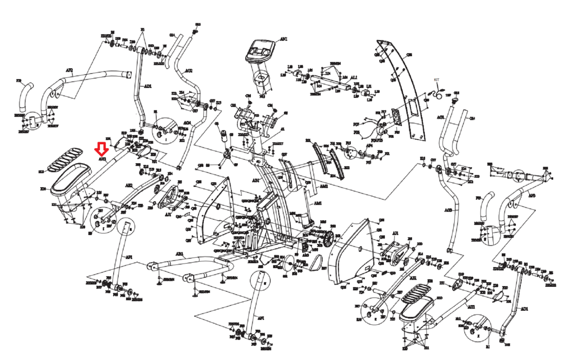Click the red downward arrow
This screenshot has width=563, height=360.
[x=102, y=149]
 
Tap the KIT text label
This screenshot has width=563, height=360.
[x=436, y=80]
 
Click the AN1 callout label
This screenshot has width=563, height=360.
[x=283, y=39]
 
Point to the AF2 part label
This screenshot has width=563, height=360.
[x=69, y=71]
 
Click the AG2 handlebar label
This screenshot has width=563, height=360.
[x=189, y=71]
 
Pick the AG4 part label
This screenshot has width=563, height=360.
[x=187, y=123]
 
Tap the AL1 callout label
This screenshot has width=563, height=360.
[x=354, y=77]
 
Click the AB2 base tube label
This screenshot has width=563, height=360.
[x=179, y=254]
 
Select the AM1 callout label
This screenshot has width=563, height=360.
[x=317, y=203]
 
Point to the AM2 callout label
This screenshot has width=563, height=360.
[x=323, y=186]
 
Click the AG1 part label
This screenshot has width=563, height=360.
[x=441, y=117]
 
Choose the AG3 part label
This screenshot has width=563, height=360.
[x=448, y=210]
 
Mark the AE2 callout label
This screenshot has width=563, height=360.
[x=129, y=185]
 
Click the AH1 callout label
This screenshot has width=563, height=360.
[x=471, y=307]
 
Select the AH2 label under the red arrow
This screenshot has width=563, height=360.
[x=102, y=159]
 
